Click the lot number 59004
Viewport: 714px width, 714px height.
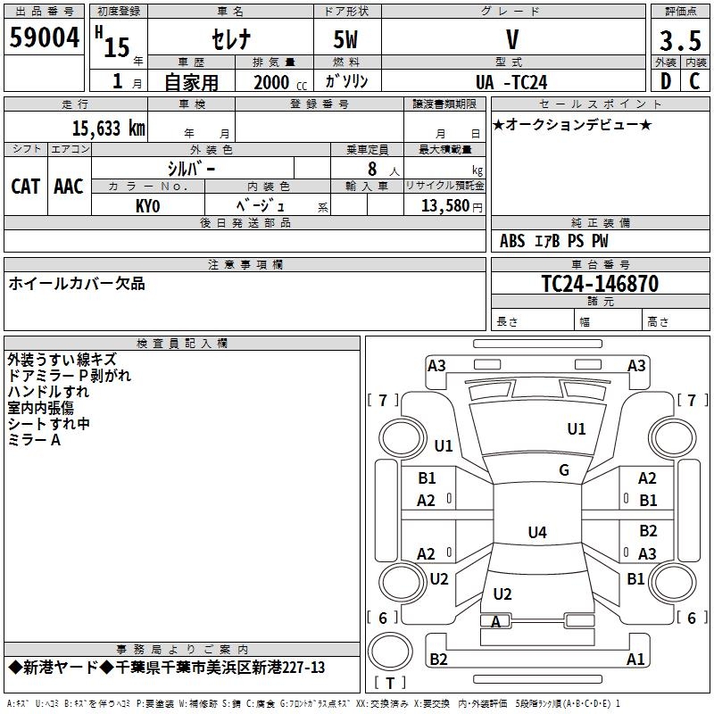(x=44, y=40)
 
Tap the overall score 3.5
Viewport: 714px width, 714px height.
(x=680, y=41)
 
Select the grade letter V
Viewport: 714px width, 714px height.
(x=511, y=40)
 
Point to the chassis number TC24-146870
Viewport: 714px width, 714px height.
(x=600, y=284)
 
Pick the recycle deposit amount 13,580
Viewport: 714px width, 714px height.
(x=443, y=206)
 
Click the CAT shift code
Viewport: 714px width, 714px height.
(x=26, y=187)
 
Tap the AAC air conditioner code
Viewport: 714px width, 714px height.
(x=69, y=187)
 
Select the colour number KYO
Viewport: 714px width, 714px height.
(x=148, y=206)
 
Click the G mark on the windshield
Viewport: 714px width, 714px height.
(x=564, y=469)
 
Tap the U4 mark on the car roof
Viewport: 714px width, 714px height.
(x=536, y=533)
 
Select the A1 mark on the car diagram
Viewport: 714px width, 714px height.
(x=635, y=660)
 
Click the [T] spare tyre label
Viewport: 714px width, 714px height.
(x=390, y=684)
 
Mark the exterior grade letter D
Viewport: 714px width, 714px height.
(x=665, y=81)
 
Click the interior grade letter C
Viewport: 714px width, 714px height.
(x=694, y=81)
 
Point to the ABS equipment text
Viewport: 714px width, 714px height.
(x=512, y=241)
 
